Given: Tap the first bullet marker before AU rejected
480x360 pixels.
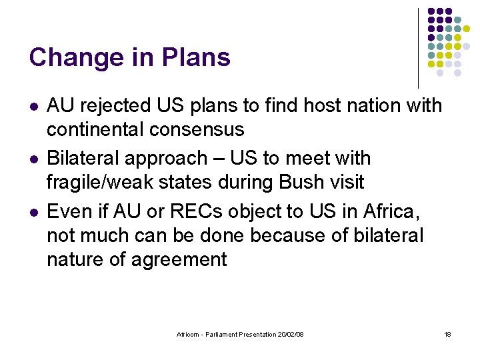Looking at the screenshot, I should tap(33, 107).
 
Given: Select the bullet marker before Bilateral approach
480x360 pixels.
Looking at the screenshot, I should tap(33, 159).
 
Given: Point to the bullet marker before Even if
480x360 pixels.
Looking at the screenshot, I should tap(33, 213).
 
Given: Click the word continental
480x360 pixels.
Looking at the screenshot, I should tap(97, 129).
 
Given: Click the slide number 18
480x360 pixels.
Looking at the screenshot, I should tap(447, 334).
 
